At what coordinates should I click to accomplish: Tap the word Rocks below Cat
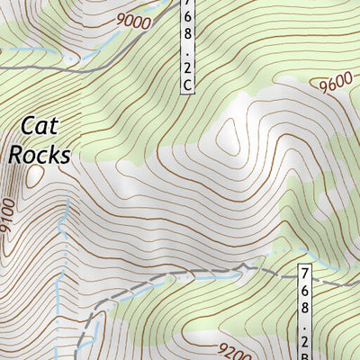pyautogui.click(x=40, y=155)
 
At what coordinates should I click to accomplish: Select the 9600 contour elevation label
pyautogui.click(x=335, y=84)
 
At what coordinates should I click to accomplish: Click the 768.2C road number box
pyautogui.click(x=187, y=45)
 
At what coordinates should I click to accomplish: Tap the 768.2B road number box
pyautogui.click(x=307, y=311)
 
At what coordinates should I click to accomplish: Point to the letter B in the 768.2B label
pyautogui.click(x=307, y=353)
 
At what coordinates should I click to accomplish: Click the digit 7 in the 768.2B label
pyautogui.click(x=307, y=273)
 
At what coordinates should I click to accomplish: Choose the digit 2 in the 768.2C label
pyautogui.click(x=187, y=66)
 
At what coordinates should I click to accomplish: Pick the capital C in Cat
pyautogui.click(x=27, y=126)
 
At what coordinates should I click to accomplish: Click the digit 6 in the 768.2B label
pyautogui.click(x=307, y=291)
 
